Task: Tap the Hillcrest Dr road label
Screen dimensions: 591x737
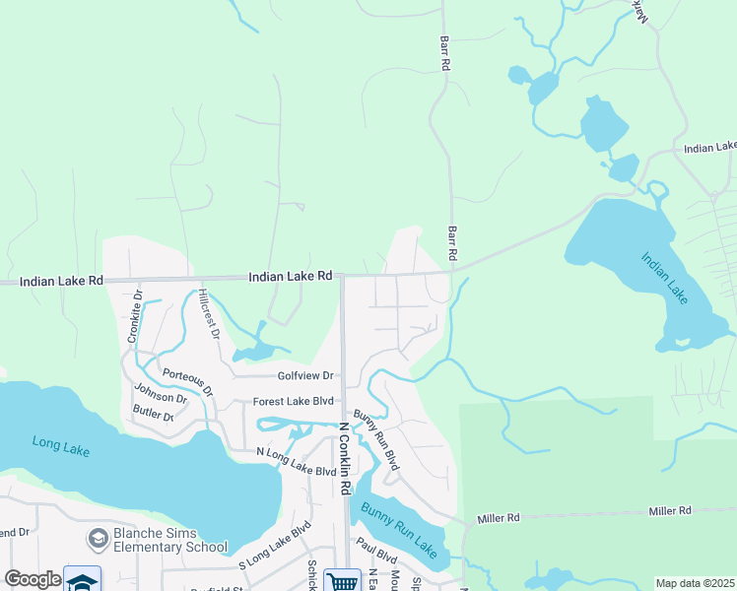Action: pos(206,314)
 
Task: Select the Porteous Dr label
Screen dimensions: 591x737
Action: pos(187,379)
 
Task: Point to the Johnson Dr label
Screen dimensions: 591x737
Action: pos(161,398)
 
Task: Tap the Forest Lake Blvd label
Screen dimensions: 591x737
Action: pos(295,401)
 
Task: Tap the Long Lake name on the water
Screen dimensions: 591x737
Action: pos(60,446)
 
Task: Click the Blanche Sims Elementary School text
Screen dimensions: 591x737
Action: pos(168,541)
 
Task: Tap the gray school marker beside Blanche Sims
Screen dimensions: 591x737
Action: pos(98,538)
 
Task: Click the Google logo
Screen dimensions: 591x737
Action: pos(33,579)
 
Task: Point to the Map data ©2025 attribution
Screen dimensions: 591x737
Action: pos(694,583)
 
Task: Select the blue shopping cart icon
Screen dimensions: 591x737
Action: pos(342,582)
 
